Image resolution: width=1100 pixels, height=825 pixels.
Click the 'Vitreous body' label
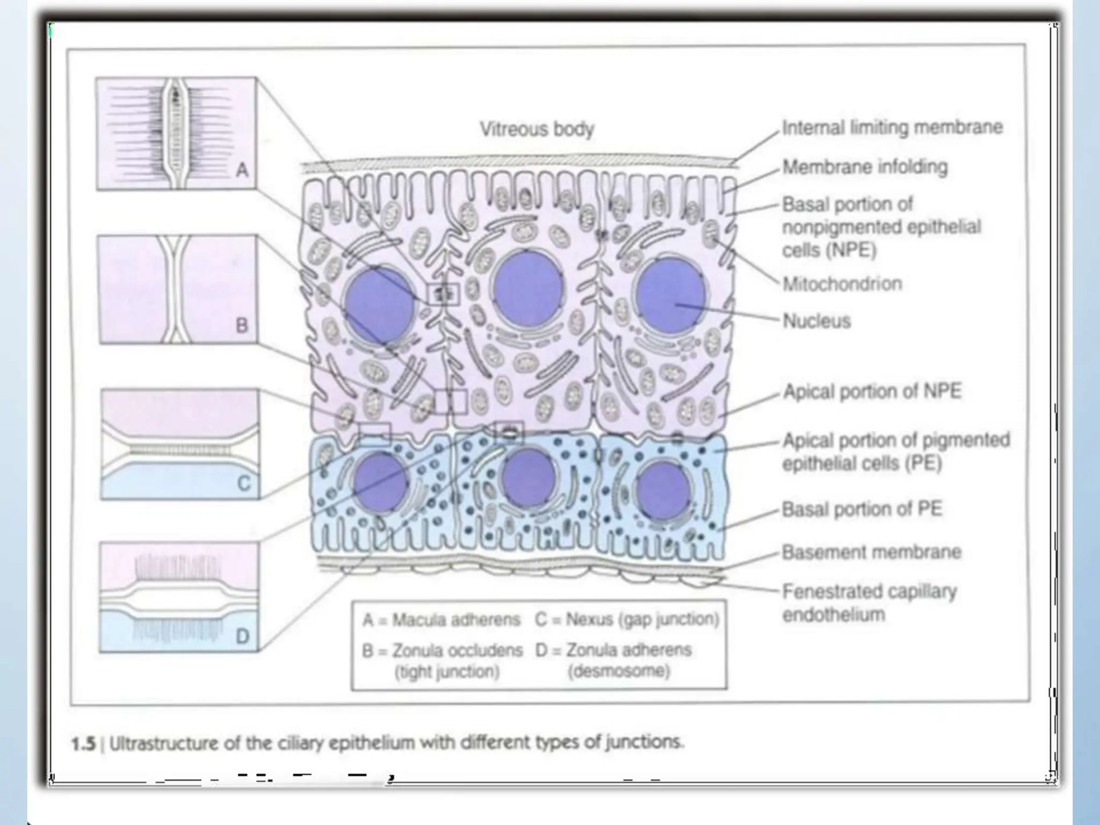pyautogui.click(x=537, y=129)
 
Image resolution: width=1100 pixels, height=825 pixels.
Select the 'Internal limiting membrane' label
pyautogui.click(x=892, y=127)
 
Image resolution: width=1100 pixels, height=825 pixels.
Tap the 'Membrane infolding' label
pyautogui.click(x=865, y=167)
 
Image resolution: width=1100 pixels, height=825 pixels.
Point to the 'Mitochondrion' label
pyautogui.click(x=842, y=284)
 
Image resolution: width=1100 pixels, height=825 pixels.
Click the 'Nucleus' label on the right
pyautogui.click(x=816, y=321)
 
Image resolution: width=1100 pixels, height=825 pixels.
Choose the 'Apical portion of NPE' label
pyautogui.click(x=872, y=391)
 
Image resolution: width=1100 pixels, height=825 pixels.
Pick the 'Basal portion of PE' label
pyautogui.click(x=862, y=509)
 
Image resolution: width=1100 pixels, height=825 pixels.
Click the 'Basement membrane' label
pyautogui.click(x=871, y=552)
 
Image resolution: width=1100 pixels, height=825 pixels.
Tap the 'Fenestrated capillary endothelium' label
pyautogui.click(x=869, y=603)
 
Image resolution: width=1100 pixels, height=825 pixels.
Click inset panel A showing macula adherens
pyautogui.click(x=176, y=133)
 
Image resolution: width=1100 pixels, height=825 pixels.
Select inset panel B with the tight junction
pyautogui.click(x=178, y=289)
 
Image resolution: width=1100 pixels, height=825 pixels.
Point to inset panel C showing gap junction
pyautogui.click(x=180, y=444)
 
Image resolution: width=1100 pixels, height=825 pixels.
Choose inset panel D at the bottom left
pyautogui.click(x=179, y=597)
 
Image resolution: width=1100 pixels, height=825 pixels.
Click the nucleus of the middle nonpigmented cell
pyautogui.click(x=528, y=287)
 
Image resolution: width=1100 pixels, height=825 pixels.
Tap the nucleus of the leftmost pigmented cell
pyautogui.click(x=380, y=482)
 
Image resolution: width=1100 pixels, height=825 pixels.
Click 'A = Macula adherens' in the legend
pyautogui.click(x=441, y=620)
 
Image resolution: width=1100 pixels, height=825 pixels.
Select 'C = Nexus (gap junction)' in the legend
pyautogui.click(x=626, y=619)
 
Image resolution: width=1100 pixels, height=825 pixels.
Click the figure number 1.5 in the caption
pyautogui.click(x=83, y=744)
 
